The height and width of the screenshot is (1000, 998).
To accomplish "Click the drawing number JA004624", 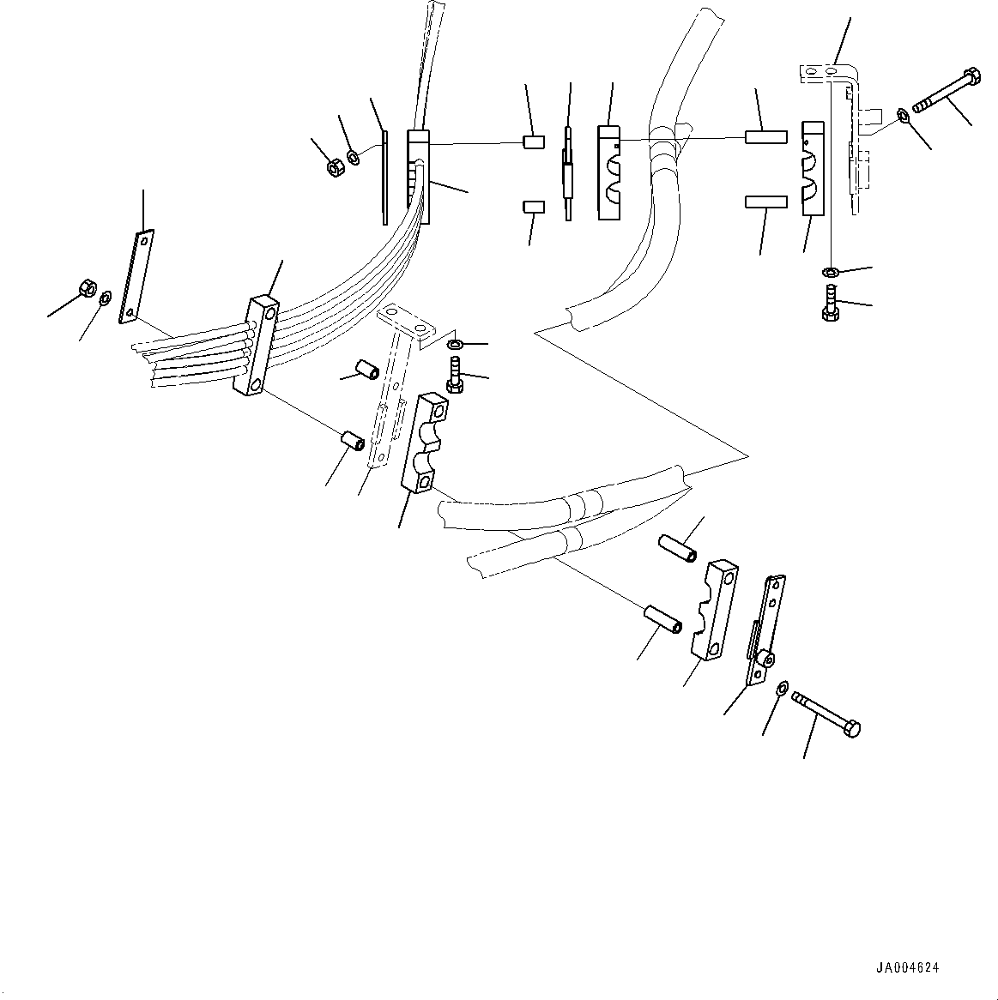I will (907, 967).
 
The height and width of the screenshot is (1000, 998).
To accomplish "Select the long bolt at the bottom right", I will (826, 712).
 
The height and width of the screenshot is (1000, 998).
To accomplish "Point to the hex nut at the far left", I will (86, 287).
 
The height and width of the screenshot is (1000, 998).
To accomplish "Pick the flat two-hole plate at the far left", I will (137, 275).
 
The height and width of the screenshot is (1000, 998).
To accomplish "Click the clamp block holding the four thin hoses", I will (256, 346).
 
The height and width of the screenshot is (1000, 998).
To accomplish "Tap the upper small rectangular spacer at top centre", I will (532, 142).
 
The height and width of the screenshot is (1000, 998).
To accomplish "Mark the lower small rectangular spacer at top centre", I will (532, 207).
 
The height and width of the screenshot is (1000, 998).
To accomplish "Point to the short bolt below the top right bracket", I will (830, 304).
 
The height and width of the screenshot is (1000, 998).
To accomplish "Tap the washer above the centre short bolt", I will (455, 345).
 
